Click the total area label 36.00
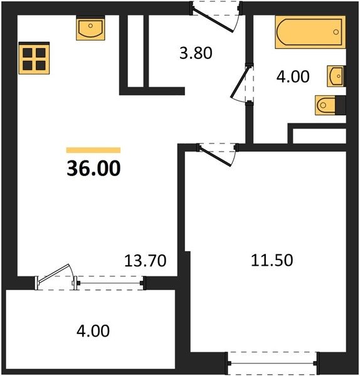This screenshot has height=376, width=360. coord(93,169)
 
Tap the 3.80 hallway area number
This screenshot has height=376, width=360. coord(196,53)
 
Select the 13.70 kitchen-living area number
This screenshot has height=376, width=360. coord(146,261)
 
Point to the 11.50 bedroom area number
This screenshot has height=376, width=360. coord(272,260)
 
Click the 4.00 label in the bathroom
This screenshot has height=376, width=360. coord(293,76)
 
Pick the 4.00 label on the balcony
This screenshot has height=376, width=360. coord(93,331)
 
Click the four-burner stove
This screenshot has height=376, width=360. coord(34,58)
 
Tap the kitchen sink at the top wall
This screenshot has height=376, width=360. coord(90,28)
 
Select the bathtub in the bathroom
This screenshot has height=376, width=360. coord(310,32)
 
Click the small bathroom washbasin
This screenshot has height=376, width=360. coord(336,76)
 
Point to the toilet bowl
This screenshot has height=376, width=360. coord(326,105)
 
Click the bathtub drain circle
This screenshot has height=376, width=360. coord(336,32)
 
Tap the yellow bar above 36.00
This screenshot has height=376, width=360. coord(93,150)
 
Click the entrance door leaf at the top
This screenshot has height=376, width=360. coord(213,20)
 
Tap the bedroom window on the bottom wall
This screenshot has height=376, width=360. coord(272,363)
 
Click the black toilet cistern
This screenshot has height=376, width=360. coord(341,105)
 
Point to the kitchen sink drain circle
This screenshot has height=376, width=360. coord(90,26)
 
